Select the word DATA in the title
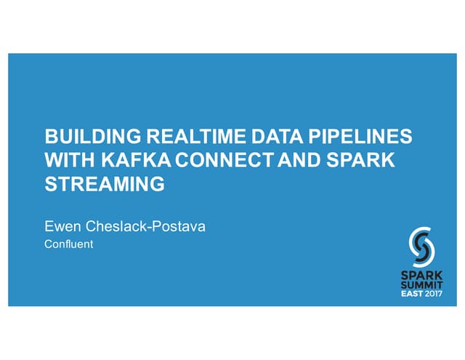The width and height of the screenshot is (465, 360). tap(279, 137)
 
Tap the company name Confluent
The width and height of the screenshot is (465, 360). tap(69, 244)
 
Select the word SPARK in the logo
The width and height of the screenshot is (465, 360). tap(421, 275)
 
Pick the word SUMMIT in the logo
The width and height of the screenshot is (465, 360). tap(421, 285)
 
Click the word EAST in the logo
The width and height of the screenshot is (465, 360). tap(411, 295)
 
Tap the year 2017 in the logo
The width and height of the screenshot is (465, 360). tap(431, 295)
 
